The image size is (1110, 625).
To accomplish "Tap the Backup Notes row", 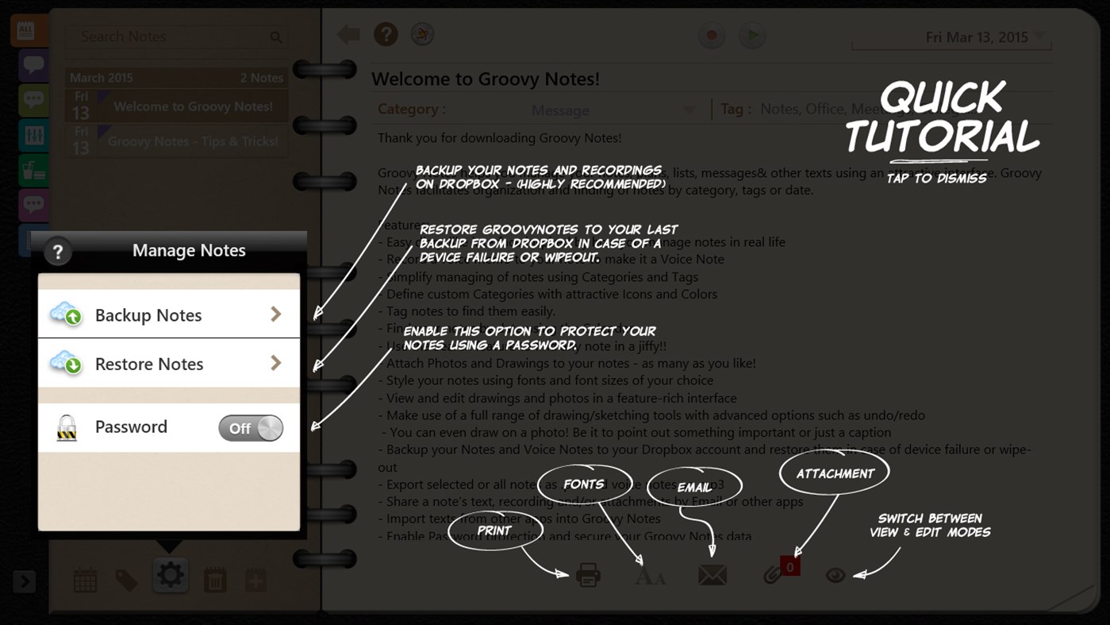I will point(168,314).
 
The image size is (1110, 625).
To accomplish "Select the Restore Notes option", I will point(168,364).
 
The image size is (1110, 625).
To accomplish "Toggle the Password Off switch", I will point(251,428).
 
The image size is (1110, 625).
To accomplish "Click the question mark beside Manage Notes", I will point(57,252).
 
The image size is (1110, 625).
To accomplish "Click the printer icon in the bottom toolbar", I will point(588,574).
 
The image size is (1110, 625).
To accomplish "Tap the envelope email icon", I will point(712,574).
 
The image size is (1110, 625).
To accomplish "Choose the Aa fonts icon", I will point(650,576).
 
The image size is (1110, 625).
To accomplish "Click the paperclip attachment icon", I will point(772,574).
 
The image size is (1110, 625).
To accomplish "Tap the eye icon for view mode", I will point(835,575).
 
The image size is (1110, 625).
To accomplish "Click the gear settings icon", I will point(170,575).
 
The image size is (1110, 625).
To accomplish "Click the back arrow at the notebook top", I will point(348,34).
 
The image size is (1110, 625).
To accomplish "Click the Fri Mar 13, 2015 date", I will point(977,37).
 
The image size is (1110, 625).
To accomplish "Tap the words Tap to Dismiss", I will point(936,178).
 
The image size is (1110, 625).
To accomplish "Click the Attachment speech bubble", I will point(835,473).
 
